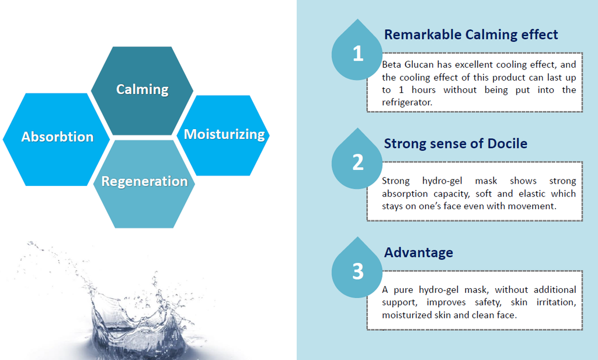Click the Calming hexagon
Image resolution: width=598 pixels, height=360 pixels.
[142, 91]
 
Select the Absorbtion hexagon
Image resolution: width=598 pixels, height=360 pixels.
[57, 139]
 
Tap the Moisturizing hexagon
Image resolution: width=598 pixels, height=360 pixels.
[224, 136]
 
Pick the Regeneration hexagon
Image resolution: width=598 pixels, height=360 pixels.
[144, 184]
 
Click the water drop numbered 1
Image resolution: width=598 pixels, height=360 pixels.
[357, 51]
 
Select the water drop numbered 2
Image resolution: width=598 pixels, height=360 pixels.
[357, 160]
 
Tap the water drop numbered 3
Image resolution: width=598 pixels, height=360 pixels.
[357, 269]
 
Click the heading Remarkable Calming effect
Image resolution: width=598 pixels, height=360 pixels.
[471, 34]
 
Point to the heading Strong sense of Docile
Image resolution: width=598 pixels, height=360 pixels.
[456, 144]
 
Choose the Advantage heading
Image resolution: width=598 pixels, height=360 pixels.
[418, 252]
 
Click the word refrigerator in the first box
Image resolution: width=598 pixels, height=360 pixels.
[407, 102]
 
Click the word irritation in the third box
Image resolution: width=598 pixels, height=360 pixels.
[556, 302]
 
